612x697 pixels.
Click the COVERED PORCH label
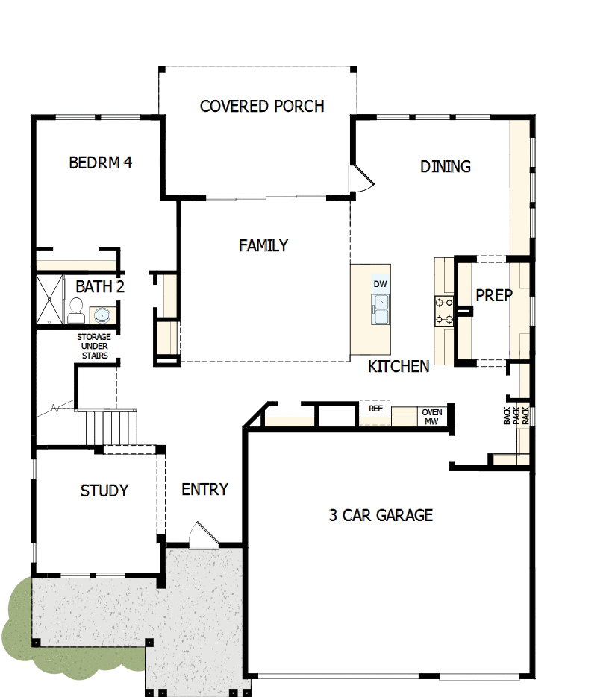click(x=262, y=107)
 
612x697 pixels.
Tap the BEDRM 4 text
click(x=100, y=163)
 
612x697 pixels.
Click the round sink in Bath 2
click(x=102, y=314)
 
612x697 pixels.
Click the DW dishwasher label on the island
click(x=381, y=284)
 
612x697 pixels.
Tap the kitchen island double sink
click(x=381, y=309)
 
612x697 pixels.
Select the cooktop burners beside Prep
click(x=445, y=312)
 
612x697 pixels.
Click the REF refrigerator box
click(x=375, y=409)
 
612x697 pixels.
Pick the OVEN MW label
click(x=432, y=417)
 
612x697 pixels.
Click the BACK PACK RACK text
click(x=516, y=416)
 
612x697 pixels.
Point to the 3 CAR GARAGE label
click(x=381, y=515)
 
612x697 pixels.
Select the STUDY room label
click(x=104, y=491)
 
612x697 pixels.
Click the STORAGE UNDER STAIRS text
click(x=94, y=346)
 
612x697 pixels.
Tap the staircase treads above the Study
click(x=108, y=427)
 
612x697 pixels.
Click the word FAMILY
click(x=263, y=245)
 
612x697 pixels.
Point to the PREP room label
click(x=494, y=295)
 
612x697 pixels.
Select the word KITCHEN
click(x=399, y=366)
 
